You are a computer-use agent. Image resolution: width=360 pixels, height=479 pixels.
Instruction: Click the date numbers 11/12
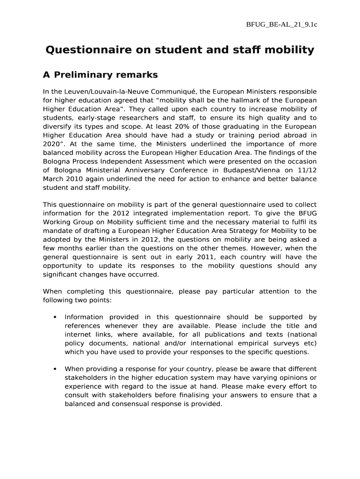pyautogui.click(x=307, y=170)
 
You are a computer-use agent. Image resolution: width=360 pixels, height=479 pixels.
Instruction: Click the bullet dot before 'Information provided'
pyautogui.click(x=55, y=317)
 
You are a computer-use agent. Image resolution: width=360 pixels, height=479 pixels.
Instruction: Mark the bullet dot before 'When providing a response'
pyautogui.click(x=55, y=369)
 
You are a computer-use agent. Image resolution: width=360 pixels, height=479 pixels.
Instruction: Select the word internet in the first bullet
pyautogui.click(x=78, y=334)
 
